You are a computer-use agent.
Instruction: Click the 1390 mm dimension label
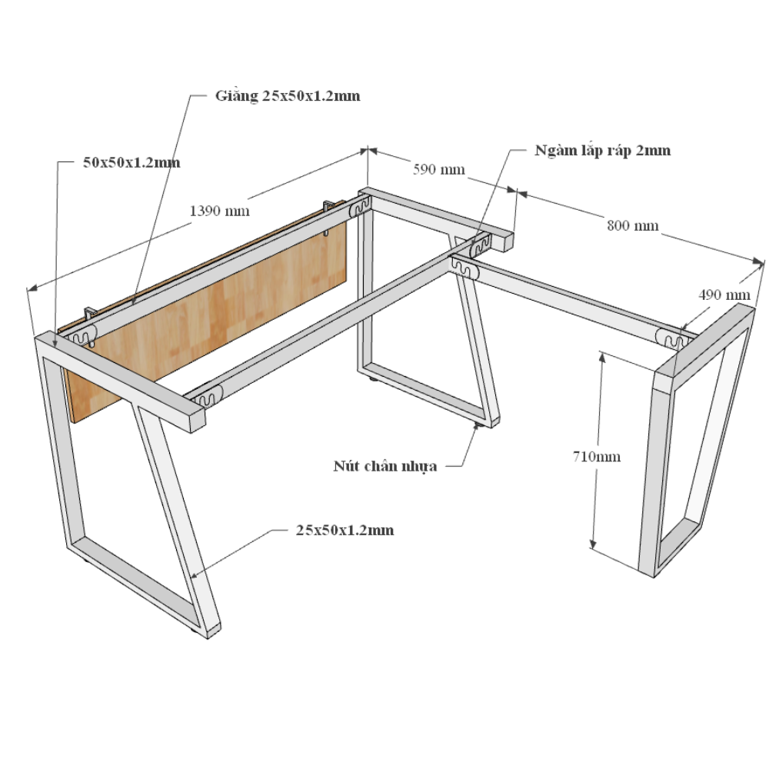click(x=219, y=211)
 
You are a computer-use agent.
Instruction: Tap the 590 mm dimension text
click(x=438, y=169)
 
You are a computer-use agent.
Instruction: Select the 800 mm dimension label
click(x=633, y=225)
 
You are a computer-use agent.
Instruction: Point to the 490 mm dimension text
click(x=724, y=295)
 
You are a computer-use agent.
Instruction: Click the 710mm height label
click(x=597, y=457)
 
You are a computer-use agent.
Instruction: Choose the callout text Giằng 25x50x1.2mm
click(x=288, y=95)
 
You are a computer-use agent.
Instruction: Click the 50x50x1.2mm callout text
click(x=131, y=162)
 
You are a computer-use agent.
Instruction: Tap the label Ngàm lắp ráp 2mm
click(x=603, y=150)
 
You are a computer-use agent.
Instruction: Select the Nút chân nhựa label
click(x=385, y=466)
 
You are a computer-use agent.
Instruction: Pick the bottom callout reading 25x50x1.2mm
click(x=345, y=530)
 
